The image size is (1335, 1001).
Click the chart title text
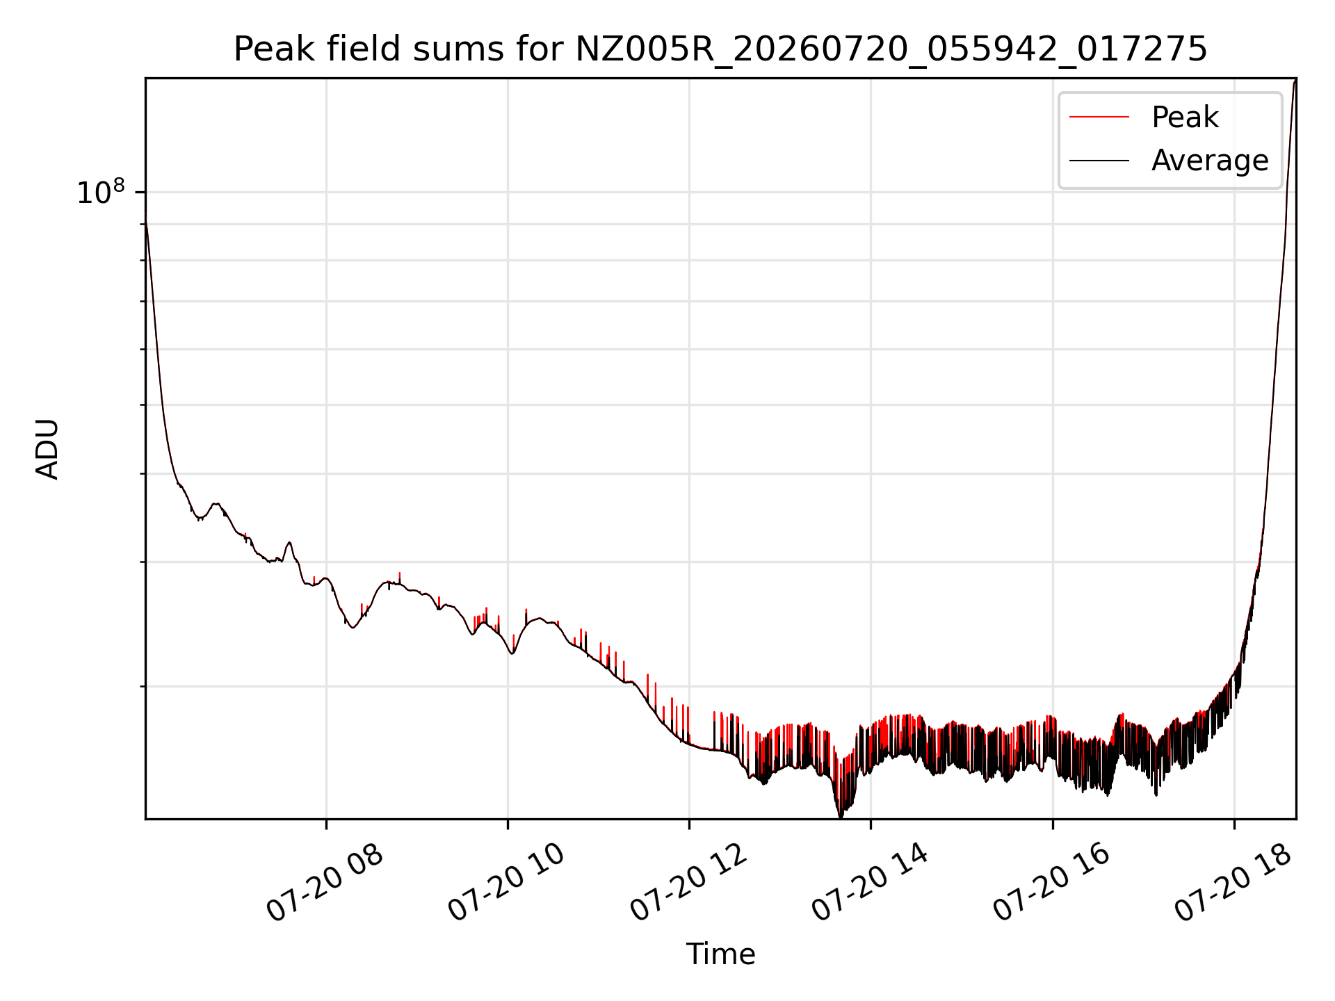720,49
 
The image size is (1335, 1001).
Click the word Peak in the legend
1185,117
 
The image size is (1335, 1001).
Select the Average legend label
1210,161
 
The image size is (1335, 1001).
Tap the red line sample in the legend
1099,117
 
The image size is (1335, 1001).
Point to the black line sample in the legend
1099,161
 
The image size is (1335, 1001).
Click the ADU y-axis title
47,449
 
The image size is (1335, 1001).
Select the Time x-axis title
720,954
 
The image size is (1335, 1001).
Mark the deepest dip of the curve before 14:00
841,816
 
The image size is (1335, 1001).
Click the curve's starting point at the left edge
145,221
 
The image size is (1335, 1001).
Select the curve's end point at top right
1295,80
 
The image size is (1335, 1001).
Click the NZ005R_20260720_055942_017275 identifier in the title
891,50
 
